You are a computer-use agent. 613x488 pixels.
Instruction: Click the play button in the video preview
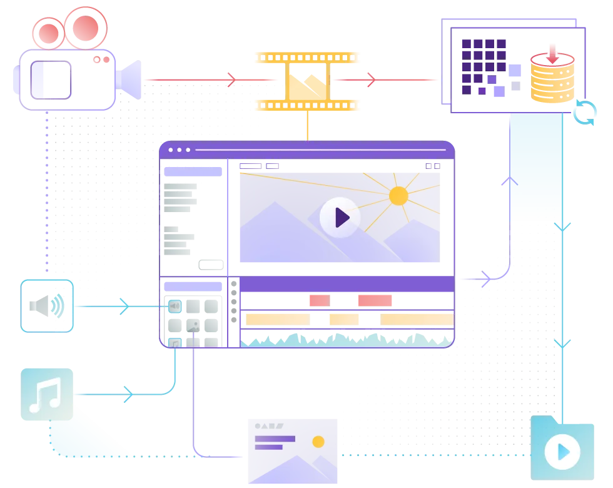[x=340, y=217]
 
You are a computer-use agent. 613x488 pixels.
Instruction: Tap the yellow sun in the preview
[x=398, y=196]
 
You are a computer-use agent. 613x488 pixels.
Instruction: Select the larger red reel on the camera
[x=86, y=28]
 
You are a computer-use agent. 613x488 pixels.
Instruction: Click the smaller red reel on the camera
[x=48, y=33]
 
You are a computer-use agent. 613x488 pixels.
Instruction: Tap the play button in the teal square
[x=562, y=451]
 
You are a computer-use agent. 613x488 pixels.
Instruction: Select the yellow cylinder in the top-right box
[x=552, y=80]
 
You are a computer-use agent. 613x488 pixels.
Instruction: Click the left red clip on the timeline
[x=319, y=300]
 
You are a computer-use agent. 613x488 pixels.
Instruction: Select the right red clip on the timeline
[x=375, y=300]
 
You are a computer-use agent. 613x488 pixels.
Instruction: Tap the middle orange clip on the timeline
[x=344, y=319]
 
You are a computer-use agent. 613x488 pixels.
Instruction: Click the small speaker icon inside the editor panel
[x=175, y=306]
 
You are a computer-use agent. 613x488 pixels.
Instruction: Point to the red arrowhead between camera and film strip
[x=231, y=79]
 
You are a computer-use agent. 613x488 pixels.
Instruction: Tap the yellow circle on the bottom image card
[x=318, y=442]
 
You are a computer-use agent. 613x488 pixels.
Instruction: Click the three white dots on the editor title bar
[x=179, y=150]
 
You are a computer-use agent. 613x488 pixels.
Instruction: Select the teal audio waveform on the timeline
[x=344, y=339]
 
